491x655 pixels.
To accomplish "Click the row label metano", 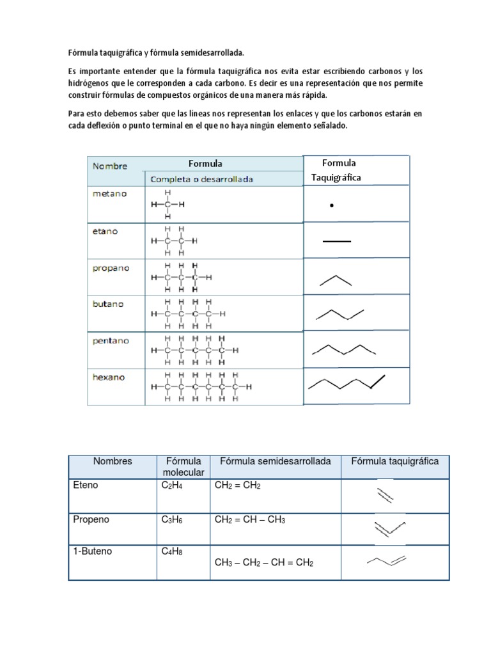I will [x=110, y=193].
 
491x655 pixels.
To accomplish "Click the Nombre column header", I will [x=110, y=166].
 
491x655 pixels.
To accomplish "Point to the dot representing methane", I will [x=331, y=206].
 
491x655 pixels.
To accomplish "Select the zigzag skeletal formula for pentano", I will [x=343, y=349].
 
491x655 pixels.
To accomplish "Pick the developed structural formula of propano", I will [x=181, y=278].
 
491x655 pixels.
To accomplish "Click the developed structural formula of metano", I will [x=168, y=205].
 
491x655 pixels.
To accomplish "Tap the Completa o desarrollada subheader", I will [x=201, y=179].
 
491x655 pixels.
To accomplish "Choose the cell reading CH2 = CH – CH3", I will [x=250, y=520].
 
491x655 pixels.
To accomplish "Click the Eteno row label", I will [x=86, y=485].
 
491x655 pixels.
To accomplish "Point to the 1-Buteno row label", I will [x=93, y=551].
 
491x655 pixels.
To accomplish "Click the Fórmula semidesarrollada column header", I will [x=275, y=461].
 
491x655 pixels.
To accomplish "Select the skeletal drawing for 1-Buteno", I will [x=387, y=561].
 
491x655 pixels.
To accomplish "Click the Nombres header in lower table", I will [x=113, y=461].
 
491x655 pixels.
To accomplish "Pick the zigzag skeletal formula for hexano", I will [x=347, y=383].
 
